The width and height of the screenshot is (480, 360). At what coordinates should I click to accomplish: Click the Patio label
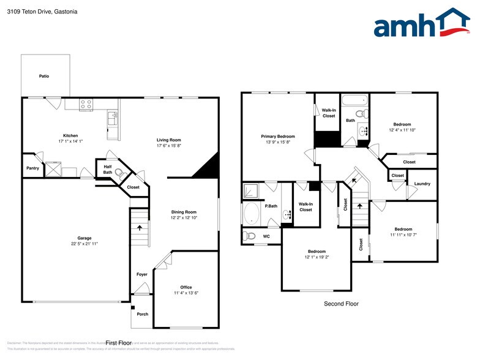pos(44,76)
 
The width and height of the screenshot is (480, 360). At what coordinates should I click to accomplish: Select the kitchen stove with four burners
pos(86,105)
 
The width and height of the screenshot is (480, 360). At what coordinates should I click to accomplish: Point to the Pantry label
pos(32,168)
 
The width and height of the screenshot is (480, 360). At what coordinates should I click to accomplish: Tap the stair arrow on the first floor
pos(140,227)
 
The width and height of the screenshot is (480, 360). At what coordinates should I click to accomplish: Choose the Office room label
pos(186,287)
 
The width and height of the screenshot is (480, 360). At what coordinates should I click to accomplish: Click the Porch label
pos(142,314)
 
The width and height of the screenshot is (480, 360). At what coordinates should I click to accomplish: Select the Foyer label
pos(141,274)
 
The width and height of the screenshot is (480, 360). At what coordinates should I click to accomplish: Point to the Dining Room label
pos(183,212)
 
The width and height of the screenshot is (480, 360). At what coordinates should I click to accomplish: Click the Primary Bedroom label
pos(277,136)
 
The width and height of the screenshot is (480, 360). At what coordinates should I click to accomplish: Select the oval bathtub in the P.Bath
pos(251,213)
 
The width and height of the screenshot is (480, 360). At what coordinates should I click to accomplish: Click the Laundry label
pos(422,184)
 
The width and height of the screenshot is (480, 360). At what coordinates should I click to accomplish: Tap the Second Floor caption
pos(341,304)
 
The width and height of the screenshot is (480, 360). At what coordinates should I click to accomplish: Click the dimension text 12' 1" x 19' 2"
pos(317,257)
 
